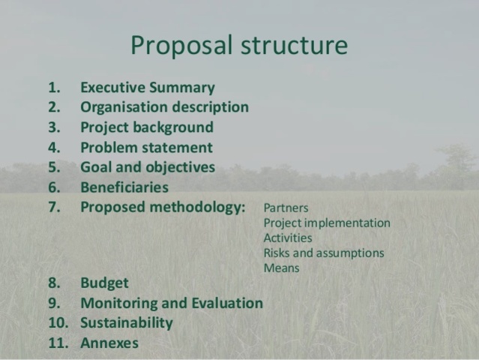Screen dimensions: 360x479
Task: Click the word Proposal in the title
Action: click(x=182, y=46)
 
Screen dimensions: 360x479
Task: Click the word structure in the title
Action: click(x=294, y=46)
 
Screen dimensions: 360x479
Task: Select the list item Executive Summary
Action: click(x=147, y=87)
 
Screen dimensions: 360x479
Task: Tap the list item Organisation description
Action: click(x=164, y=107)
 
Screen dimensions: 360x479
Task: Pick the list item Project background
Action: click(x=146, y=127)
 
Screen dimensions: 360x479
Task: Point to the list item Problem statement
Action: click(x=146, y=148)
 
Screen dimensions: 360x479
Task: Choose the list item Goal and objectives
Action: click(x=147, y=167)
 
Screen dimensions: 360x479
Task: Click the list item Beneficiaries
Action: click(x=124, y=187)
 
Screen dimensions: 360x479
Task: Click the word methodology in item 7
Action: click(x=196, y=208)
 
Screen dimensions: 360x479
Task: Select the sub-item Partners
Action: click(x=286, y=208)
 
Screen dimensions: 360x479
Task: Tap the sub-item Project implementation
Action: click(x=327, y=223)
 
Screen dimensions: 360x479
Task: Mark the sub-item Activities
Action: click(x=288, y=238)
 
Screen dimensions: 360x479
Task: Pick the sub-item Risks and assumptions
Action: click(x=324, y=253)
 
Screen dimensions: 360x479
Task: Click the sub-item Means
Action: click(x=281, y=268)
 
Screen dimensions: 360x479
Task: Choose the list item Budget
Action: click(x=104, y=283)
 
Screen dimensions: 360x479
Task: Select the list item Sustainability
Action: click(x=126, y=323)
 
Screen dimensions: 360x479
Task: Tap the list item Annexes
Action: click(x=109, y=343)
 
